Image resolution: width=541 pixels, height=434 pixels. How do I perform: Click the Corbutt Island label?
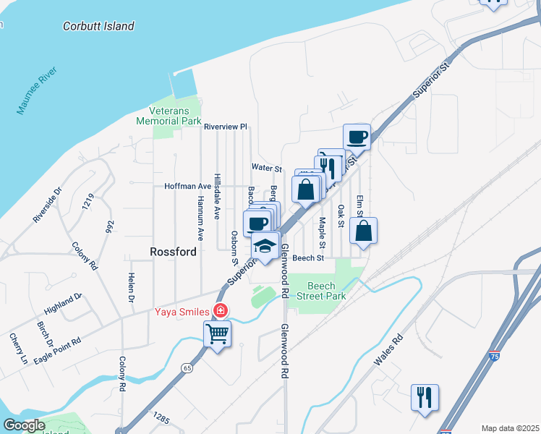click(x=98, y=26)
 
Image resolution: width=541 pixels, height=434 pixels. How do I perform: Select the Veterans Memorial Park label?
click(x=169, y=116)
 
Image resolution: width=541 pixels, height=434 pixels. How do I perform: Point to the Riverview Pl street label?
click(x=226, y=127)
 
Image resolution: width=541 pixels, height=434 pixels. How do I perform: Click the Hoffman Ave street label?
click(x=187, y=186)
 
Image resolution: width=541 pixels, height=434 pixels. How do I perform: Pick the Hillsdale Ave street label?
click(x=217, y=196)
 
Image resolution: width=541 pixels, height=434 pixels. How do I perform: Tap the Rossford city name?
click(x=173, y=252)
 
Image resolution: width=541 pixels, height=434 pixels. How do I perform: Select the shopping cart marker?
click(x=217, y=334)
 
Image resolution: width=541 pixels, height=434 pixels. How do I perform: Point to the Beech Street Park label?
click(x=327, y=291)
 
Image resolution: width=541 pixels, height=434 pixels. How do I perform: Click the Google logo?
click(x=25, y=425)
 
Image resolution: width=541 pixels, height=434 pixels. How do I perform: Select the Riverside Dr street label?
click(x=48, y=206)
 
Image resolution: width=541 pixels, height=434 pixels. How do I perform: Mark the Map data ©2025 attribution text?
click(x=511, y=428)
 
